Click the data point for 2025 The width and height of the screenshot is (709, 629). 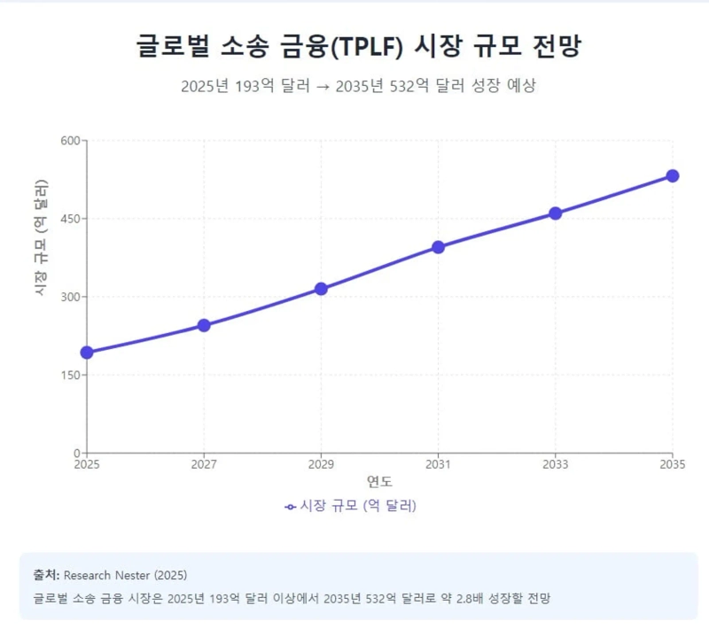[87, 353]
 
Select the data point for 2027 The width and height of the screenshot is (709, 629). [204, 325]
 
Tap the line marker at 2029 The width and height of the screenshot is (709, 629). [321, 289]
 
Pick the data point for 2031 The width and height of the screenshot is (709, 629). [438, 247]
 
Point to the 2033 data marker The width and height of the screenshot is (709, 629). [556, 214]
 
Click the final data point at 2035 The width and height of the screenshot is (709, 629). [673, 175]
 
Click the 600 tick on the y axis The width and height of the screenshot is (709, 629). [71, 141]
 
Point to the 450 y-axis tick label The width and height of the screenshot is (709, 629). [71, 219]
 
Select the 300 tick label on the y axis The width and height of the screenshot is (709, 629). [71, 297]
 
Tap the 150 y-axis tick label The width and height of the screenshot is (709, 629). [71, 375]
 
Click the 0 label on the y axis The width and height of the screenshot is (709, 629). [77, 453]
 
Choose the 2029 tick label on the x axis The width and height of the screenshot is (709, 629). [321, 464]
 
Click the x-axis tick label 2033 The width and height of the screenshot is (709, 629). [556, 464]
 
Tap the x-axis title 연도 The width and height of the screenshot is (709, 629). [380, 482]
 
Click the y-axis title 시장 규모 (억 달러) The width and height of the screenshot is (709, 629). [41, 237]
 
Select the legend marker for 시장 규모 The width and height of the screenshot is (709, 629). [291, 507]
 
